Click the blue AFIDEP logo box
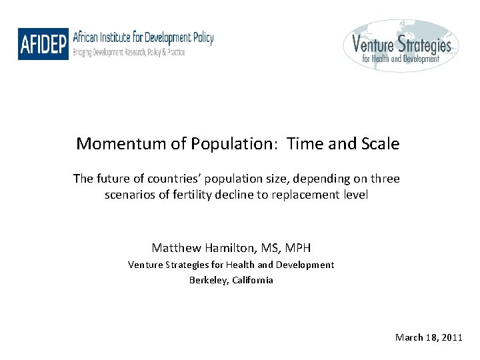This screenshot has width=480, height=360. [x=43, y=45]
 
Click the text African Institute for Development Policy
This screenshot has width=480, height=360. [x=143, y=37]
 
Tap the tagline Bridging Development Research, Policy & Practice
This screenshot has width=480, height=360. [x=129, y=52]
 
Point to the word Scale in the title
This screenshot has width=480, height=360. [x=380, y=143]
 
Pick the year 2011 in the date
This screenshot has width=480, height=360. [x=451, y=337]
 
